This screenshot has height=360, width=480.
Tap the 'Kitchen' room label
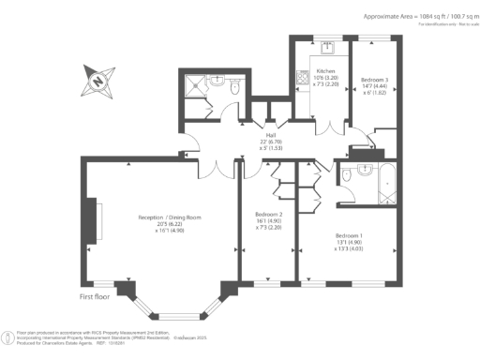click(325, 71)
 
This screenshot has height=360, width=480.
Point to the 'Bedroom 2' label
click(269, 214)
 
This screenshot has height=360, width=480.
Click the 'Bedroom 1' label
click(349, 234)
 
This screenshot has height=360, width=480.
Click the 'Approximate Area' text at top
click(394, 16)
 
